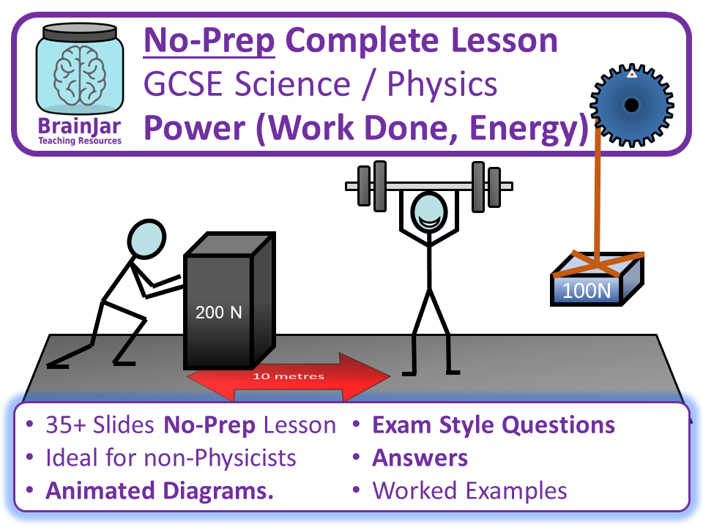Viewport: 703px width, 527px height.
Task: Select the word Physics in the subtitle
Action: [x=442, y=85]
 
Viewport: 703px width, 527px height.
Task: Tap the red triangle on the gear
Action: [x=631, y=74]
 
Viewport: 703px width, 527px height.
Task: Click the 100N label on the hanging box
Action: [x=586, y=291]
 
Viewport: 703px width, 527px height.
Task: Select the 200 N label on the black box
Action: [x=218, y=313]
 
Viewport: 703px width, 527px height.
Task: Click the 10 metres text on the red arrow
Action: [x=289, y=377]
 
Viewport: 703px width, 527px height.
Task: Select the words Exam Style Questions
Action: [x=494, y=425]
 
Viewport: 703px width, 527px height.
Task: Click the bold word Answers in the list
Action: [x=420, y=458]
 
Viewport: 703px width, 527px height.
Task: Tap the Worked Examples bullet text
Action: [x=469, y=490]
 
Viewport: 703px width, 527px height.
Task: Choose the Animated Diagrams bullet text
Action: [x=160, y=490]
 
